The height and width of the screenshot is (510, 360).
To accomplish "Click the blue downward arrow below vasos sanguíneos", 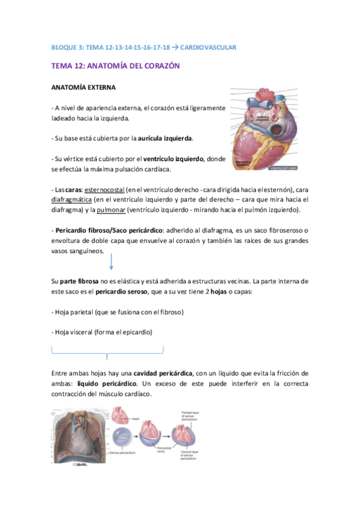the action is click(x=112, y=262).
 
